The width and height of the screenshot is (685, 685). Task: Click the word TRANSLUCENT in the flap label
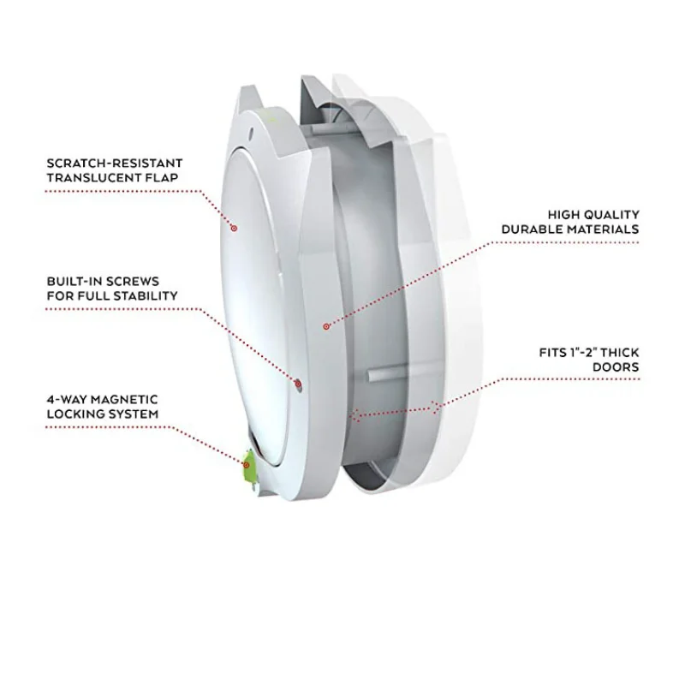click(88, 177)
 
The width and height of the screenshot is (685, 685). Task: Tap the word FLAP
click(163, 177)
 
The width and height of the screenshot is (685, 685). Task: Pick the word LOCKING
click(74, 414)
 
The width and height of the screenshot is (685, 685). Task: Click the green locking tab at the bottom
click(249, 465)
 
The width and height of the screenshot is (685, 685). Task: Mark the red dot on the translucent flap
click(234, 228)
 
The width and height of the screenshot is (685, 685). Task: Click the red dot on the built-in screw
click(297, 382)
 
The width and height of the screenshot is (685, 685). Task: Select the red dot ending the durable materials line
click(325, 326)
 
